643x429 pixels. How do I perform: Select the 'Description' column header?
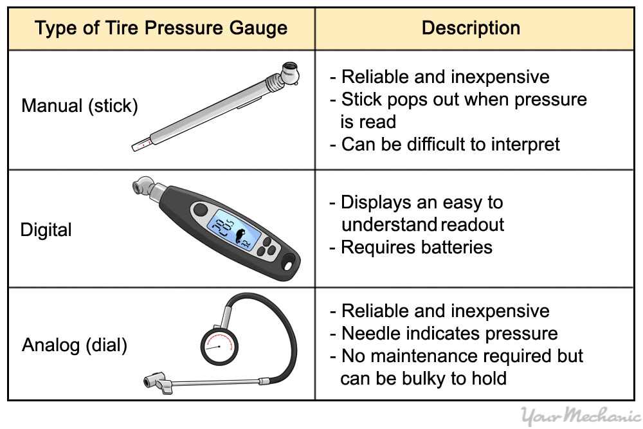tap(471, 28)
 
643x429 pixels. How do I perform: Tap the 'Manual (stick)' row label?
tap(80, 105)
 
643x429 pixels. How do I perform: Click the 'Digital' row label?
tap(46, 230)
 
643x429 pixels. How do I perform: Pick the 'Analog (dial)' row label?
tap(75, 345)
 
